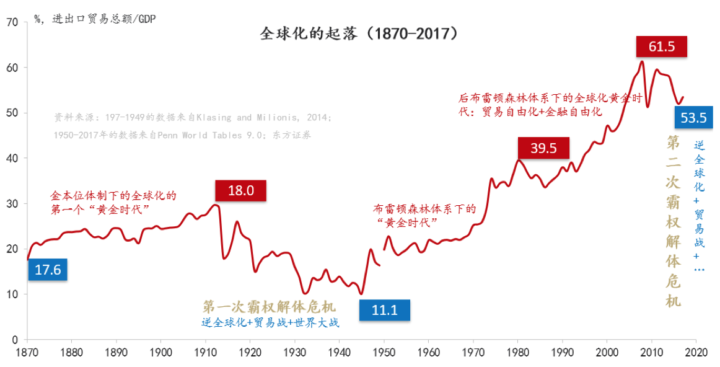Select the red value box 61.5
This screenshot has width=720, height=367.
(661, 46)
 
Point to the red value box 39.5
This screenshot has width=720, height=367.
(543, 148)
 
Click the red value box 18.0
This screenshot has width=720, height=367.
(240, 190)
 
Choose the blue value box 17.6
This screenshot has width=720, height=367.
(47, 270)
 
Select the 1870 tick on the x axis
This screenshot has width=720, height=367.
(27, 352)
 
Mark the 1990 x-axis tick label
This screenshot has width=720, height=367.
(562, 352)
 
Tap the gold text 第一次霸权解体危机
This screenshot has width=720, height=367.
(269, 307)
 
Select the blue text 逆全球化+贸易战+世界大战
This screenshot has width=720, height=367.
(270, 323)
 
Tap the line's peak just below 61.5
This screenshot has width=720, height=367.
(642, 61)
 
